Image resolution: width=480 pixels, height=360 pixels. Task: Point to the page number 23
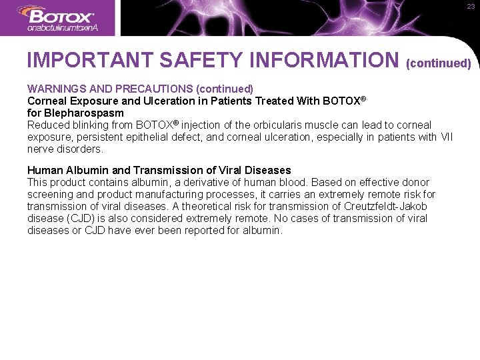(x=470, y=7)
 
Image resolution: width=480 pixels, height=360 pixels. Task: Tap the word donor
(x=416, y=182)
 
